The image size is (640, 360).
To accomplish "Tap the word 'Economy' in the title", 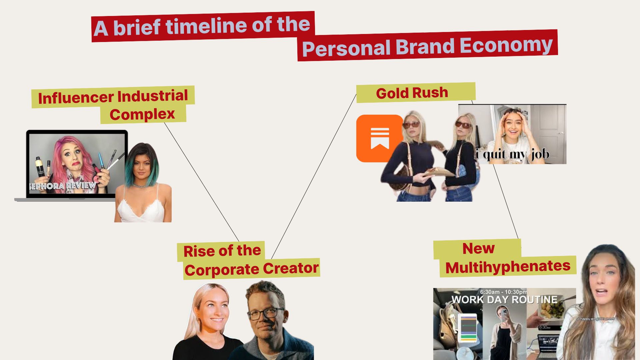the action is pos(507,45).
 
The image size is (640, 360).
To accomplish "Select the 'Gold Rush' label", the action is pos(412,93).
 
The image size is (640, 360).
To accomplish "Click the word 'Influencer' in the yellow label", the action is pos(76,98).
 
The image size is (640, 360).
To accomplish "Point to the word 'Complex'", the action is pos(142,115).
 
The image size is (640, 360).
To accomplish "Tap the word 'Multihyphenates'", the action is pos(508,267).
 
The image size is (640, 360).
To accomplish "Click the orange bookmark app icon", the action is pos(380,138).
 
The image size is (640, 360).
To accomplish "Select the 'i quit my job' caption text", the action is pos(513,154).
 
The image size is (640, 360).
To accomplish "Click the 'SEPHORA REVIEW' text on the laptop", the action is pos(63,186).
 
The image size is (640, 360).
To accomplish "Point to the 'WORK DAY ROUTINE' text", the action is pos(504,299).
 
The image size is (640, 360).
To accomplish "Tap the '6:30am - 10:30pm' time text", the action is pos(504,292).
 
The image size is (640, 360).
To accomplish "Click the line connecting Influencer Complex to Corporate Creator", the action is pos(202,182).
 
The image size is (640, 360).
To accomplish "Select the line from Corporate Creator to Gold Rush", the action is pos(314,176).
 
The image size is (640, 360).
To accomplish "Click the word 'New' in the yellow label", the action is pos(478,249).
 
